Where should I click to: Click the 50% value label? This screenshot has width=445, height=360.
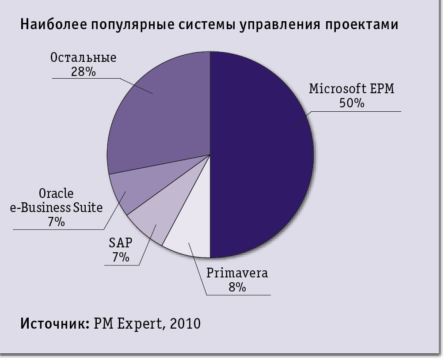pos(351,103)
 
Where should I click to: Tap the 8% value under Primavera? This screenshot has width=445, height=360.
pos(237,287)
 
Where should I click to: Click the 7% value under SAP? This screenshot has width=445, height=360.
pos(120,257)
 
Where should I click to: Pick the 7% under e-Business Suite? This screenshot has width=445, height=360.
pos(56,222)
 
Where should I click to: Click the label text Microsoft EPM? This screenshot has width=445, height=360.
pos(351,89)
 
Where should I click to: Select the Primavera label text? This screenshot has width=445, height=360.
pos(237,273)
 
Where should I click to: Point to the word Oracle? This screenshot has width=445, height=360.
pos(56,193)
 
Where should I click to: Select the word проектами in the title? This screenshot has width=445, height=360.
pos(362,25)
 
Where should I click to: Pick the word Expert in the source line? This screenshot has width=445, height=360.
pos(140,324)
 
